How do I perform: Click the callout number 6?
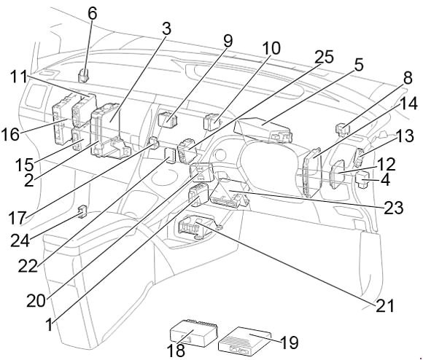pyautogui.click(x=92, y=13)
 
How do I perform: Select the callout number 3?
pyautogui.click(x=167, y=29)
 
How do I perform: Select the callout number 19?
pyautogui.click(x=289, y=342)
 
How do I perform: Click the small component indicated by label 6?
pyautogui.click(x=85, y=73)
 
